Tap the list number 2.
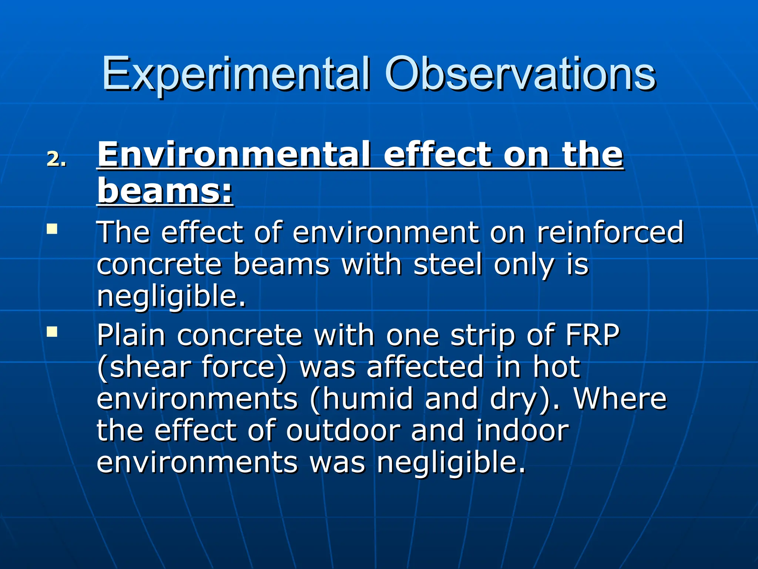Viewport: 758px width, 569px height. point(56,160)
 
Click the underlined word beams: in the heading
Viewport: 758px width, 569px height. point(165,191)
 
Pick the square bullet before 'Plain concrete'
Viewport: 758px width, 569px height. point(52,331)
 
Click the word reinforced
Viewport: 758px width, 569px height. point(610,233)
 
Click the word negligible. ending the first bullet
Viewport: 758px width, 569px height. point(171,297)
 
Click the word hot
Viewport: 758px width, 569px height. point(556,367)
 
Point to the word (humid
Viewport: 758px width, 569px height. point(361,399)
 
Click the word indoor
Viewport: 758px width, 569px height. point(522,430)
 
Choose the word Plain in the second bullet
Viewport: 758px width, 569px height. point(131,336)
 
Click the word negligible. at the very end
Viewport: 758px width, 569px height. point(451,463)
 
